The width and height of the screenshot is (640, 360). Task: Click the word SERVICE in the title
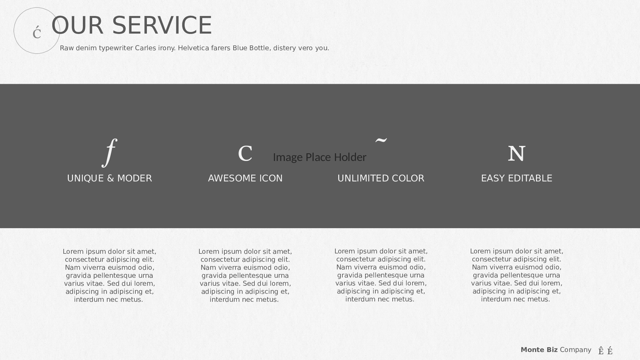coord(162,25)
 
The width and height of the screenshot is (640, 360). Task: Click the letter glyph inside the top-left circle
coord(37,32)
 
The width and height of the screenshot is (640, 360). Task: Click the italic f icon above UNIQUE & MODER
coord(109,153)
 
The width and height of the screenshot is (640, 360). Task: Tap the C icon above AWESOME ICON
coord(245,154)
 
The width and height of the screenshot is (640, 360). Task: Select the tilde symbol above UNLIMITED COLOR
coord(381,140)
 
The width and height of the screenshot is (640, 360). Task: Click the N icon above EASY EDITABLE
coord(516,154)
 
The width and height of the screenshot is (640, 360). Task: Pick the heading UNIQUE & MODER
coord(109,178)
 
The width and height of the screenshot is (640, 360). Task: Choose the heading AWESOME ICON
coord(245,178)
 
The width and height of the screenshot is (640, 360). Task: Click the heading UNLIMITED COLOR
coord(381,178)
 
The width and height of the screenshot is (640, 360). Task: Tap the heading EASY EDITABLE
coord(517,178)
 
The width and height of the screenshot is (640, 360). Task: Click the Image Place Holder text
coord(319,157)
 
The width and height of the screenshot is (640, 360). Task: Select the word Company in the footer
coord(575,350)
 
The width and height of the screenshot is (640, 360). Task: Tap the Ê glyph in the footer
coord(601,351)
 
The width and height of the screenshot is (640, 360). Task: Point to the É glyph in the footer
coord(610,351)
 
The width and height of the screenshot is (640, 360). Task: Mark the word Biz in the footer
coord(552,350)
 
